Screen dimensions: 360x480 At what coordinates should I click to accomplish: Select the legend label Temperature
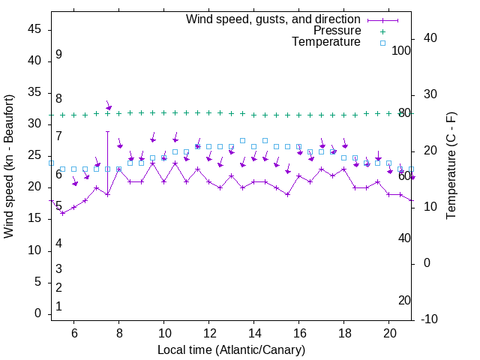coord(326,42)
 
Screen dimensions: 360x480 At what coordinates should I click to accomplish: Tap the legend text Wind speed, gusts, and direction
coord(274,19)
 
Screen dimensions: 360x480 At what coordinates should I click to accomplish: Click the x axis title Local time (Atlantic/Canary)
coord(231,350)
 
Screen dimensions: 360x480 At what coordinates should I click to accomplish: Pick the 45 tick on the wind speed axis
coord(34,28)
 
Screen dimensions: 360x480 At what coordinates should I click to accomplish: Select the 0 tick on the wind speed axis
coord(37,314)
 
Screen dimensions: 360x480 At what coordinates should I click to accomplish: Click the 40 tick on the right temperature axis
coord(430,38)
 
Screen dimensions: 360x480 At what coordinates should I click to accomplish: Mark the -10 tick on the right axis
coord(431,319)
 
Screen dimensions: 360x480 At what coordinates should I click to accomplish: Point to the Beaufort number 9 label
coord(58,55)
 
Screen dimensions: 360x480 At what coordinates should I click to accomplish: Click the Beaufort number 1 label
coord(58,307)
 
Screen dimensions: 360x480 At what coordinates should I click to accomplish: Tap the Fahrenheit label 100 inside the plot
coord(402,50)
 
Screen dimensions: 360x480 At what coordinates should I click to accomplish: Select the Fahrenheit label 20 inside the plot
coord(405,300)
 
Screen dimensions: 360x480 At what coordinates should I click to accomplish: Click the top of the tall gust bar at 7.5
coord(107,132)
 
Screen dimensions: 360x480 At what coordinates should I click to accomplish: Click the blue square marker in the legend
coord(382,43)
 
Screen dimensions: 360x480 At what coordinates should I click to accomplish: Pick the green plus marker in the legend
coord(382,31)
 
